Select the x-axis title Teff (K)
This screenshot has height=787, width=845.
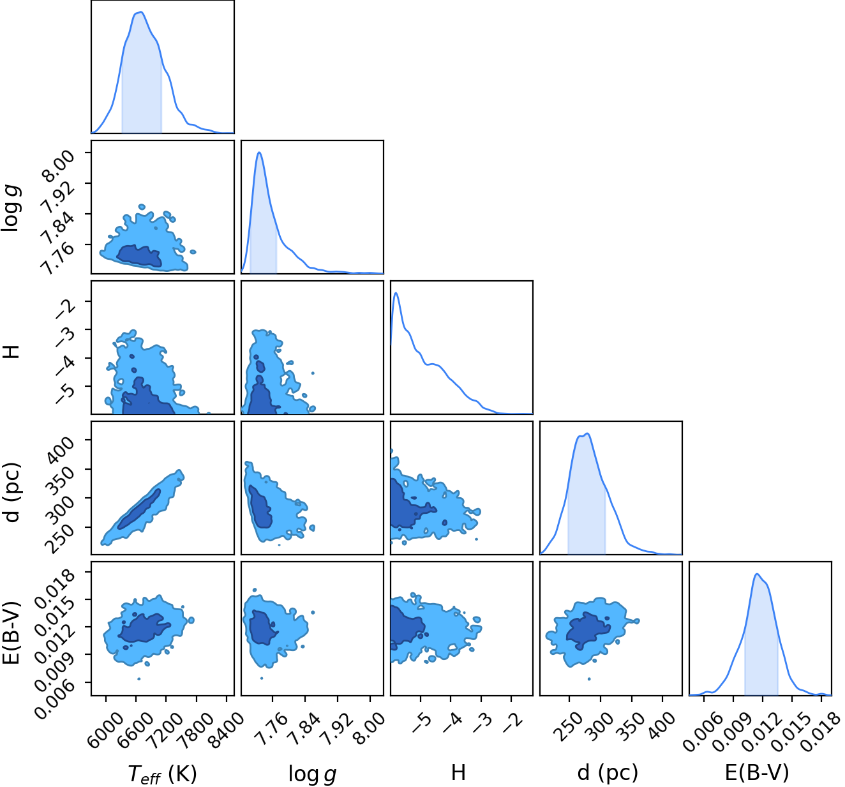[162, 774]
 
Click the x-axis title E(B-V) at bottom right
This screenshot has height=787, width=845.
[756, 772]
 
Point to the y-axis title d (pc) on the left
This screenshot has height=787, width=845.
[13, 492]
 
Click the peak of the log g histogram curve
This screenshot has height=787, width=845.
[259, 153]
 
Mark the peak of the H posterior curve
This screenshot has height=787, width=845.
[396, 293]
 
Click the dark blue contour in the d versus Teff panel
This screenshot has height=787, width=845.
[139, 509]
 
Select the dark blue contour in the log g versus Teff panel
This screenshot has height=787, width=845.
[139, 256]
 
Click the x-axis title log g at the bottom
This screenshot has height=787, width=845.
[312, 774]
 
